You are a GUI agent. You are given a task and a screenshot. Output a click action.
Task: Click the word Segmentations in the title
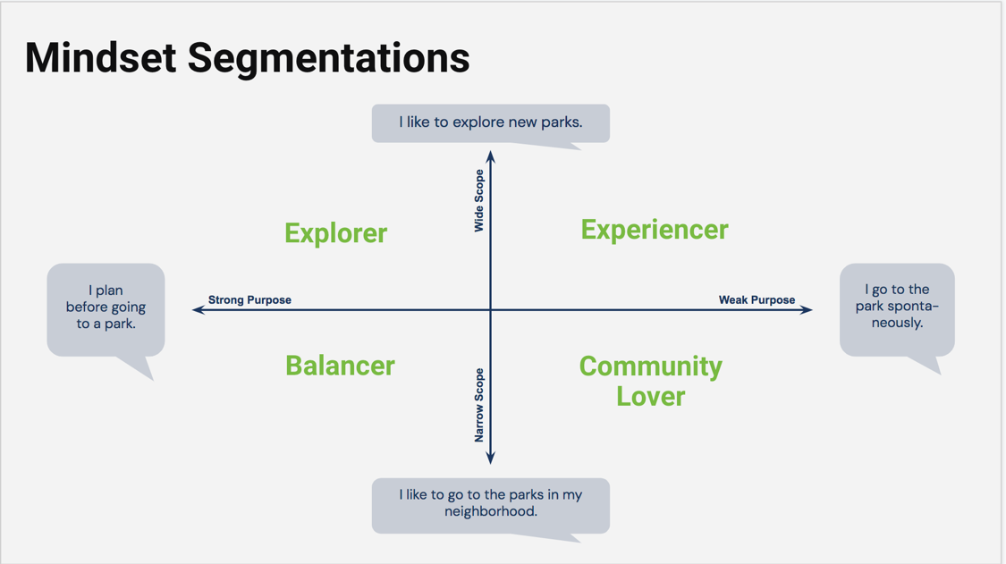(328, 58)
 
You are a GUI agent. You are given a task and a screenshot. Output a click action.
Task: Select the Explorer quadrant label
(335, 233)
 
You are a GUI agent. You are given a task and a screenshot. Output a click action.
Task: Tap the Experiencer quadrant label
(655, 230)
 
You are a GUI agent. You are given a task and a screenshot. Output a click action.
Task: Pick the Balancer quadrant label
(340, 366)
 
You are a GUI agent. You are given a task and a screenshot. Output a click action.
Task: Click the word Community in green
(650, 366)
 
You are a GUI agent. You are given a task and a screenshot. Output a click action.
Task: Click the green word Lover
(650, 396)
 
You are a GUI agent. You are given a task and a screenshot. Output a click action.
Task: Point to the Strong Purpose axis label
(249, 300)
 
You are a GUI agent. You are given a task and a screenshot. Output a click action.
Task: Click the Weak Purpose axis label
(757, 300)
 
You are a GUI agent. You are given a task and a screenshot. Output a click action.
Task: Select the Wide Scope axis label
(479, 201)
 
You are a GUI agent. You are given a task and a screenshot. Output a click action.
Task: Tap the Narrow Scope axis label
(479, 405)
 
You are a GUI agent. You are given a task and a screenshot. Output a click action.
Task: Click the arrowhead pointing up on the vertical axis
(490, 157)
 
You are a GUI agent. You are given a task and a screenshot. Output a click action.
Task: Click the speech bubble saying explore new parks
(490, 122)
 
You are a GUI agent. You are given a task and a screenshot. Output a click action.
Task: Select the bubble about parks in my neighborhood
(490, 505)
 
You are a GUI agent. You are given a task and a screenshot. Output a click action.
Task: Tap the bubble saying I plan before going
(106, 308)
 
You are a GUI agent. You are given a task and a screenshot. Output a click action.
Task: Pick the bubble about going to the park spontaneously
(897, 307)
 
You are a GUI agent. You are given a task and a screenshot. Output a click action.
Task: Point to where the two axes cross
(490, 310)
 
